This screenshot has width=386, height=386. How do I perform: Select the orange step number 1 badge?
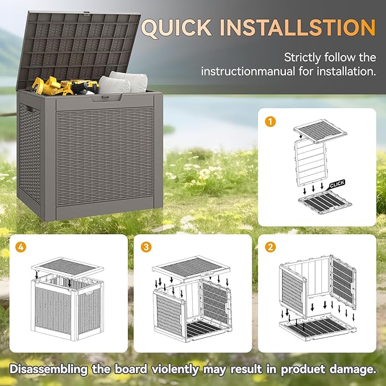point(271,121)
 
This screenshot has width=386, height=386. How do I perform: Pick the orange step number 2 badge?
point(271,247)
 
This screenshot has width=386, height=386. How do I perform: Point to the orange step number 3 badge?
point(147,247)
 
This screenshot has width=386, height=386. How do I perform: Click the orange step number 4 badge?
point(22,247)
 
